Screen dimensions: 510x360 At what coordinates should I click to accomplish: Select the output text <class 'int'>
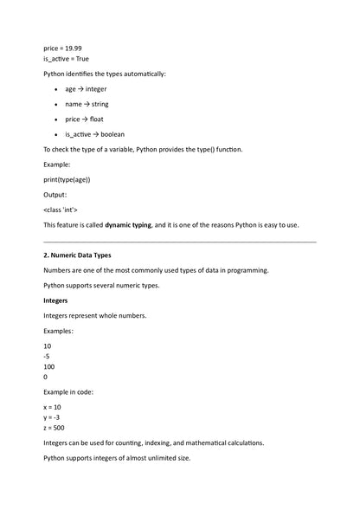61,210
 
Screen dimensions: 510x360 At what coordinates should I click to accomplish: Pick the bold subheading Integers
57,300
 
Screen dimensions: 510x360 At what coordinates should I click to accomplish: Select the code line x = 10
52,406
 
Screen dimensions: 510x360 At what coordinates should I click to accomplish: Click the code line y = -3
51,416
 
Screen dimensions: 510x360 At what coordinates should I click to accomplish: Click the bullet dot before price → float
55,119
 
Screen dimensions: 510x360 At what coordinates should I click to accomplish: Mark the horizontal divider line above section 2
179,242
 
